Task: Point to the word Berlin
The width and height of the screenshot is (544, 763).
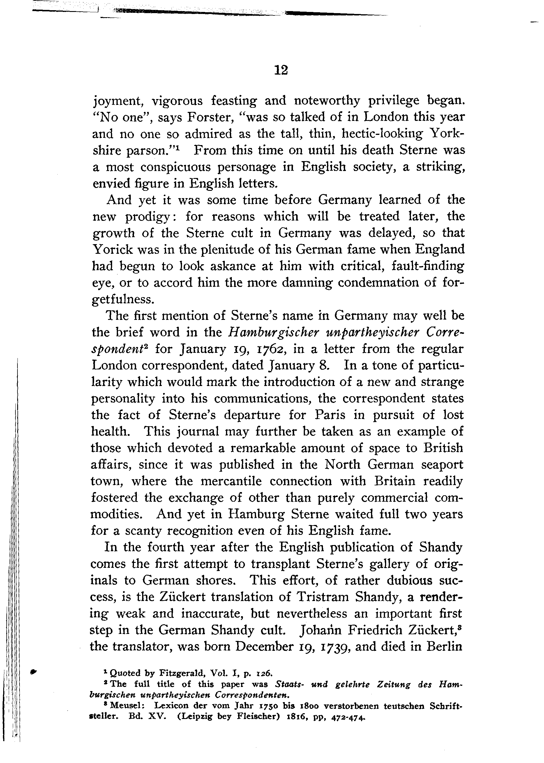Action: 444,647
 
